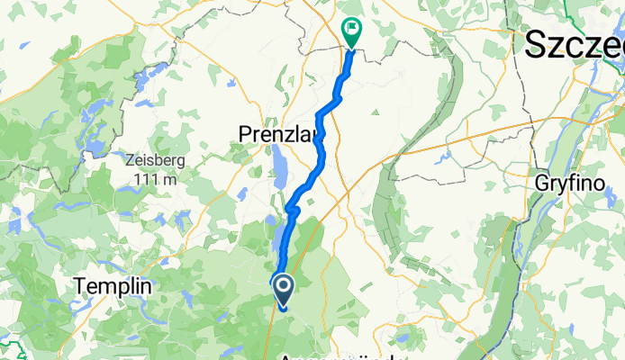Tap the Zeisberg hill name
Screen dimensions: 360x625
coord(155,159)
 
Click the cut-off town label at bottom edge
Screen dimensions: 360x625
coord(342,356)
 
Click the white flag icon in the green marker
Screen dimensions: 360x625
coord(351,30)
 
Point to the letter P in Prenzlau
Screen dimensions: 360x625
coord(246,134)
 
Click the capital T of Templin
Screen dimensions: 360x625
coord(81,285)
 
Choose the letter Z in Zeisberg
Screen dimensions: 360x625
coord(131,159)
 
